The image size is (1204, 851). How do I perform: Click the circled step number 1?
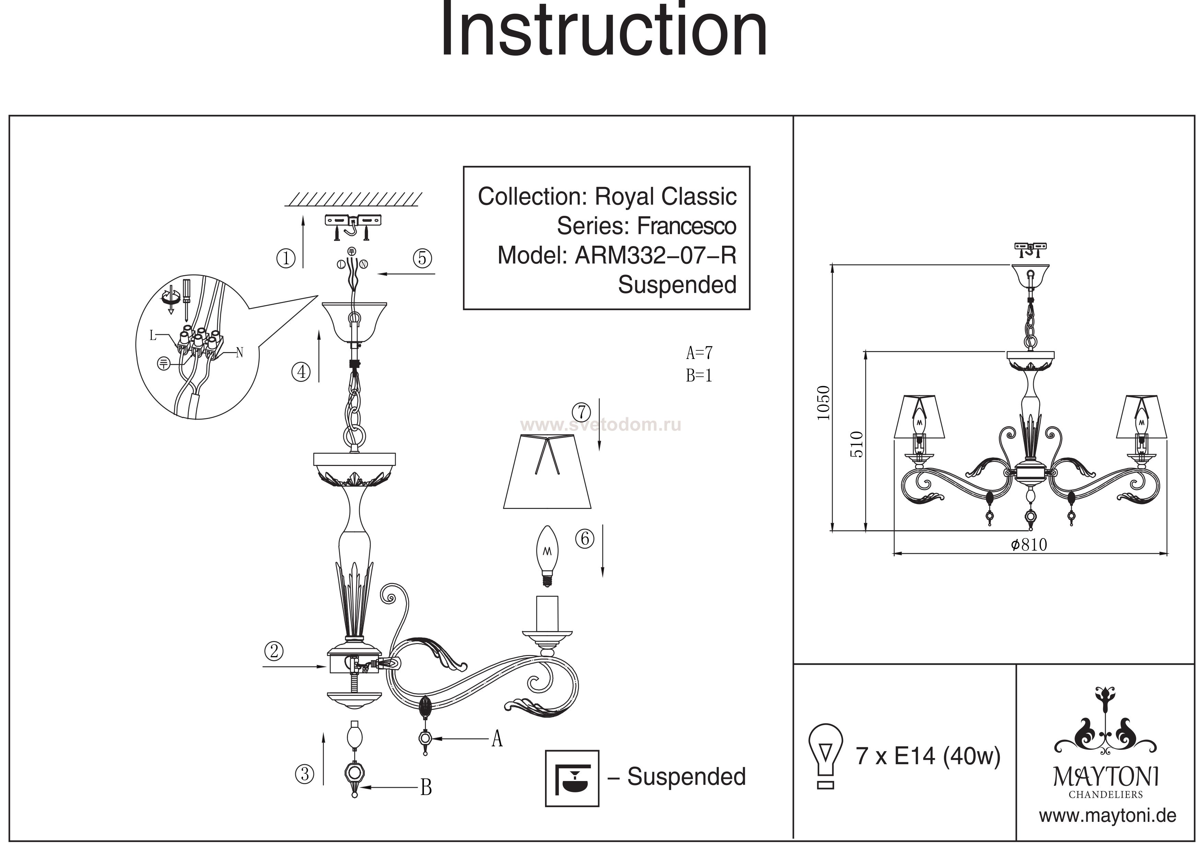(x=286, y=258)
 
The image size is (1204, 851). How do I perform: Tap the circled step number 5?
(x=422, y=258)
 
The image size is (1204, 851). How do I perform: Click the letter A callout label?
(x=497, y=739)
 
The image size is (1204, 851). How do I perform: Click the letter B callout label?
(x=426, y=787)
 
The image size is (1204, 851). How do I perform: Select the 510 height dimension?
(x=856, y=444)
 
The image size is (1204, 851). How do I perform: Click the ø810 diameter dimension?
(x=1029, y=545)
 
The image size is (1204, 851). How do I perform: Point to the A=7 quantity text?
(x=699, y=352)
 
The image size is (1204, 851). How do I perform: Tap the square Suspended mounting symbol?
(x=572, y=778)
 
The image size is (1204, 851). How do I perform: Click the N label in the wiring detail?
(x=240, y=352)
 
